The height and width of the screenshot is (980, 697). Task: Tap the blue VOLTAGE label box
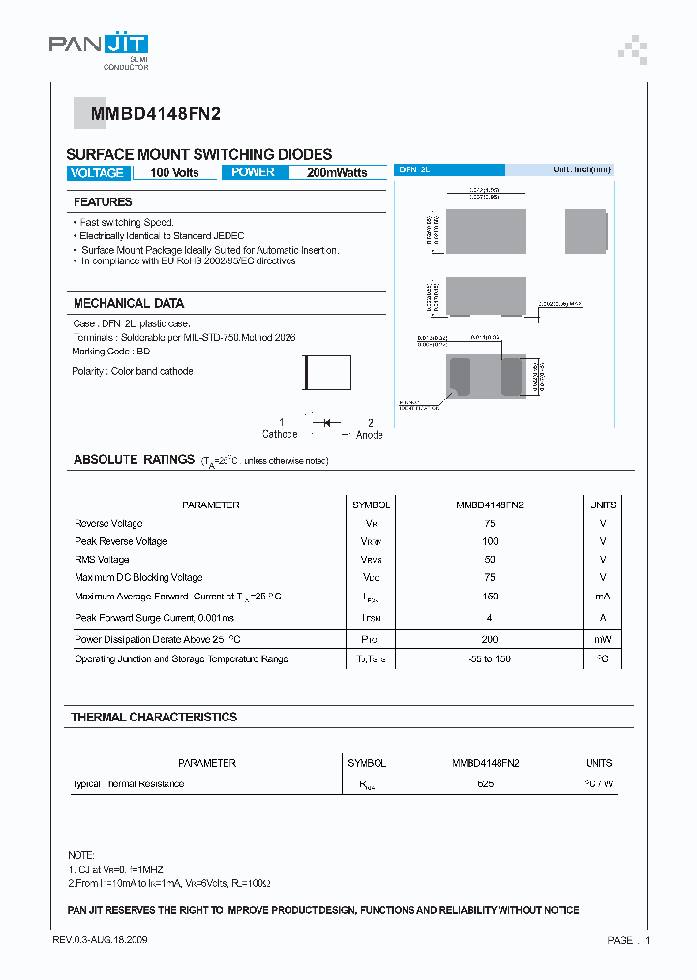click(x=97, y=173)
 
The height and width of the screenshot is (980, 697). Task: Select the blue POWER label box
click(x=254, y=172)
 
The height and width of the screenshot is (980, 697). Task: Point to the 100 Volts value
click(x=174, y=173)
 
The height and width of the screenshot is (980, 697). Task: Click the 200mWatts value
click(x=337, y=173)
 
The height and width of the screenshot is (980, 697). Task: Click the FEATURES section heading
click(x=103, y=202)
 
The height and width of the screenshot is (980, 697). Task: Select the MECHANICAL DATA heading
click(x=129, y=303)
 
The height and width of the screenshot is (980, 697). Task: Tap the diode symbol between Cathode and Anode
click(x=326, y=423)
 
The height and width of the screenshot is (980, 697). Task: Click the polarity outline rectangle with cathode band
click(x=327, y=374)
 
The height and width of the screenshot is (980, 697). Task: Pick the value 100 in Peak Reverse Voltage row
click(x=490, y=541)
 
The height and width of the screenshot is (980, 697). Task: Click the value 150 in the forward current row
click(x=490, y=597)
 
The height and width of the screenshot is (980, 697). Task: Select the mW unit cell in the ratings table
click(x=603, y=639)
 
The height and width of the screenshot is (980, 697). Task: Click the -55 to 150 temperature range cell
click(x=490, y=658)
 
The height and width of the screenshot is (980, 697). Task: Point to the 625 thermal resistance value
click(x=486, y=783)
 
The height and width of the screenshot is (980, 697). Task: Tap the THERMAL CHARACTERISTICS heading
click(x=154, y=718)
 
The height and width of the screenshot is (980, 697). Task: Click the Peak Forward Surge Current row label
click(x=155, y=617)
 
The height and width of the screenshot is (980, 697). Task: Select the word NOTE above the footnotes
click(x=80, y=856)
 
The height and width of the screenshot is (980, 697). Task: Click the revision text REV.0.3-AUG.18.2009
click(x=100, y=940)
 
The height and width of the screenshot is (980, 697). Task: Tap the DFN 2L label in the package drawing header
click(x=414, y=169)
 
